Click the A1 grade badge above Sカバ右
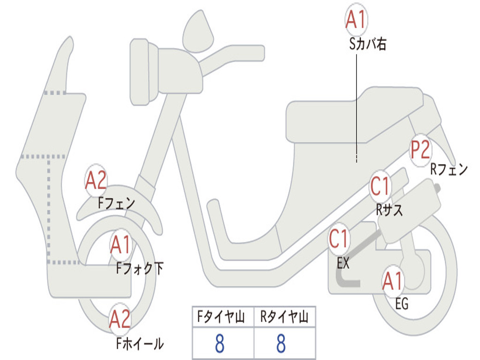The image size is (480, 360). (x=356, y=19)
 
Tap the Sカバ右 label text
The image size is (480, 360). (x=367, y=44)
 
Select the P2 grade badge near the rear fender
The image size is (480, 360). (x=420, y=150)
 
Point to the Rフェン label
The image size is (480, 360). (x=449, y=169)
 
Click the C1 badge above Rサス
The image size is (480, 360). (x=380, y=186)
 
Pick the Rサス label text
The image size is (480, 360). (x=389, y=210)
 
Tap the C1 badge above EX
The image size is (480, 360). (x=338, y=239)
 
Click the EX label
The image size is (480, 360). (x=343, y=262)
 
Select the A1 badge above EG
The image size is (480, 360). (x=392, y=281)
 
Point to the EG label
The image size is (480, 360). (x=402, y=304)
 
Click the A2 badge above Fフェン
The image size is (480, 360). (x=96, y=180)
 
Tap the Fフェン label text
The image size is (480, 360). (x=116, y=202)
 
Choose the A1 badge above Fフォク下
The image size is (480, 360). (x=121, y=245)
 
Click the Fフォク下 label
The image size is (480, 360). (x=140, y=268)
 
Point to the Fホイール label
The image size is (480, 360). (x=140, y=344)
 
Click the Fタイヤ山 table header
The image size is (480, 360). (x=221, y=317)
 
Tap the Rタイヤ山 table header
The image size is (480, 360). (x=285, y=317)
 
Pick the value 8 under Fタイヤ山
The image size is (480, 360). (x=220, y=343)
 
